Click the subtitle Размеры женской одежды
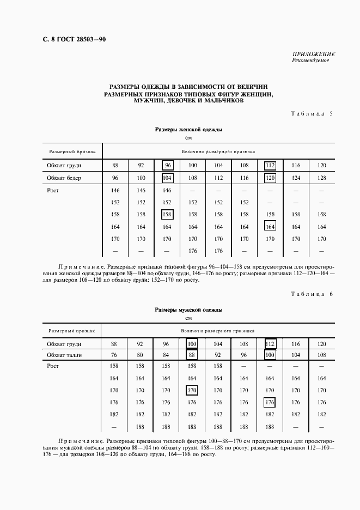coord(188,130)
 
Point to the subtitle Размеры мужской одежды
coord(188,309)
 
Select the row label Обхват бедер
coord(64,178)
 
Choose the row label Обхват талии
coord(64,355)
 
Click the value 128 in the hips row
coord(321,178)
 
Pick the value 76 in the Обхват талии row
coord(114,355)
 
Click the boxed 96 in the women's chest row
coord(167,165)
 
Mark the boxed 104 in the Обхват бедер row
coord(167,178)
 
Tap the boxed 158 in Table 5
coord(167,215)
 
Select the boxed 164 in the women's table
coord(270,227)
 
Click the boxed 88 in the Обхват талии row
coord(192,355)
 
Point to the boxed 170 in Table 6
coord(192,390)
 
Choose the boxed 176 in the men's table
coord(269,403)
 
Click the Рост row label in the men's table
coord(53,366)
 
